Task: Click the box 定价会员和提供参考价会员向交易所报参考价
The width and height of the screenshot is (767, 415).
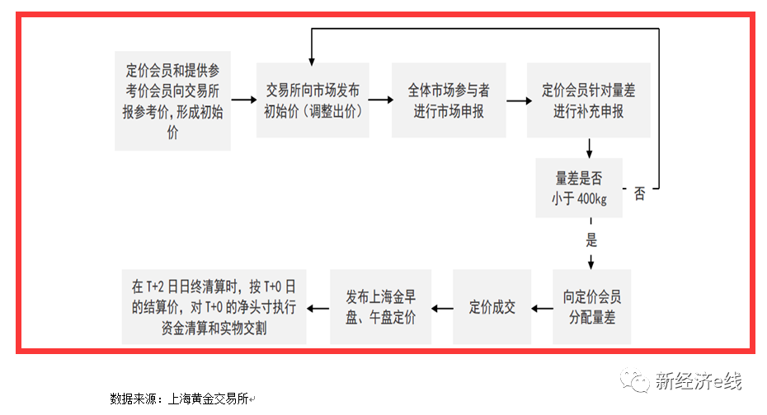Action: point(172,100)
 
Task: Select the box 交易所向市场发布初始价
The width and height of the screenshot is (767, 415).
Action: point(312,100)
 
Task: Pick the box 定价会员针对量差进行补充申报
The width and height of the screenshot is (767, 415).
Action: point(589,100)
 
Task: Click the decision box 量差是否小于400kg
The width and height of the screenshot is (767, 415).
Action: point(579,188)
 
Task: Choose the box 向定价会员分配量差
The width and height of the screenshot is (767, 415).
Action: point(591,307)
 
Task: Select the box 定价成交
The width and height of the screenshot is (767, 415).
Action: point(492,307)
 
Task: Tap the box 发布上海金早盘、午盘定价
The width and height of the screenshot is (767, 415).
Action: point(380,307)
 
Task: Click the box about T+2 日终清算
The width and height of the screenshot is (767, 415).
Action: point(214,307)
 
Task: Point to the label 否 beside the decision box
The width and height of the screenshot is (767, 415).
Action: point(639,194)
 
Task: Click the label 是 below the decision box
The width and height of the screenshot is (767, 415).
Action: point(591,240)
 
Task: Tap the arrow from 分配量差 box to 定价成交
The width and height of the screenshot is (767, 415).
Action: point(542,309)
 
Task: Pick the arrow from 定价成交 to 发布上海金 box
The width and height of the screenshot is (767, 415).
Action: point(442,309)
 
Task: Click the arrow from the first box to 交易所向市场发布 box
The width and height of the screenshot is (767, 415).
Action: point(243,100)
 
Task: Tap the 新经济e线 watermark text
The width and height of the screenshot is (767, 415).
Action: point(698,380)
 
